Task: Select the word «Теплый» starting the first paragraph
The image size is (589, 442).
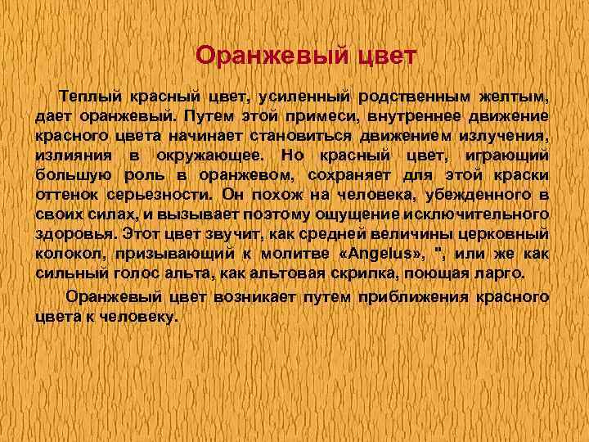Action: click(x=83, y=97)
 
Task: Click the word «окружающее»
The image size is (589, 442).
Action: click(x=208, y=156)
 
